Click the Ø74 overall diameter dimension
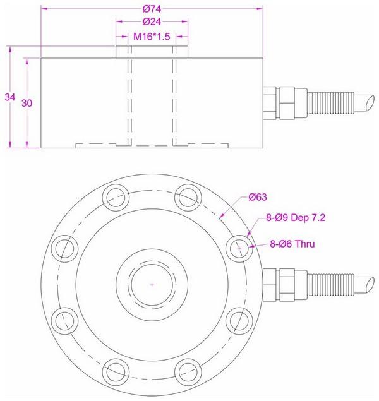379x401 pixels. tap(152, 9)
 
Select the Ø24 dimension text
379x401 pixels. tap(152, 23)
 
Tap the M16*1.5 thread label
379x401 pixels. tap(152, 37)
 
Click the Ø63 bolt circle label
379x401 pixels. tap(259, 197)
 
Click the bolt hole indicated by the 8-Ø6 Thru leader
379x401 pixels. tap(239, 249)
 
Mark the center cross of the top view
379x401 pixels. tap(152, 285)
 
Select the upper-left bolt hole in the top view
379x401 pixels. tap(116, 195)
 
